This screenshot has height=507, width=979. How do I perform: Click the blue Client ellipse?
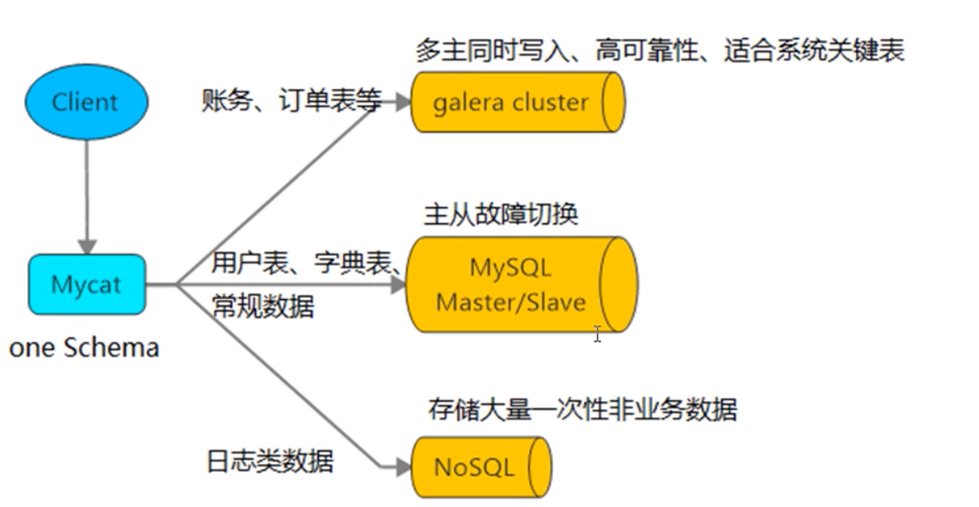[x=86, y=103]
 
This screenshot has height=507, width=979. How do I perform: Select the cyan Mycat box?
[x=87, y=284]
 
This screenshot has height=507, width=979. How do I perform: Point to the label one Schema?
[x=84, y=348]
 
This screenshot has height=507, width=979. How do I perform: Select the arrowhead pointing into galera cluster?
[x=400, y=102]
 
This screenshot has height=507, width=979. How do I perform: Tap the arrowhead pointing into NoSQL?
[x=400, y=467]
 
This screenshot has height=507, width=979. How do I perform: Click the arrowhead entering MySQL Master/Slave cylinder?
[x=397, y=284]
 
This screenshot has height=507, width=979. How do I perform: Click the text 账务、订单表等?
[x=291, y=101]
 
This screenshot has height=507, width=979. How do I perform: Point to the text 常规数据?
[x=262, y=306]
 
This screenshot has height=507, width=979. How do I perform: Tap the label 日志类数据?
[x=270, y=461]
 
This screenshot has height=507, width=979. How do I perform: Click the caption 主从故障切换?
[x=501, y=214]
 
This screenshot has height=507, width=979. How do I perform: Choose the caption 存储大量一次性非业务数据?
[x=582, y=408]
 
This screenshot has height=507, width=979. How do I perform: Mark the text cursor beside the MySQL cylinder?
[x=598, y=333]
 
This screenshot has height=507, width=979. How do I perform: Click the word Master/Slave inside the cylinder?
[x=510, y=302]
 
